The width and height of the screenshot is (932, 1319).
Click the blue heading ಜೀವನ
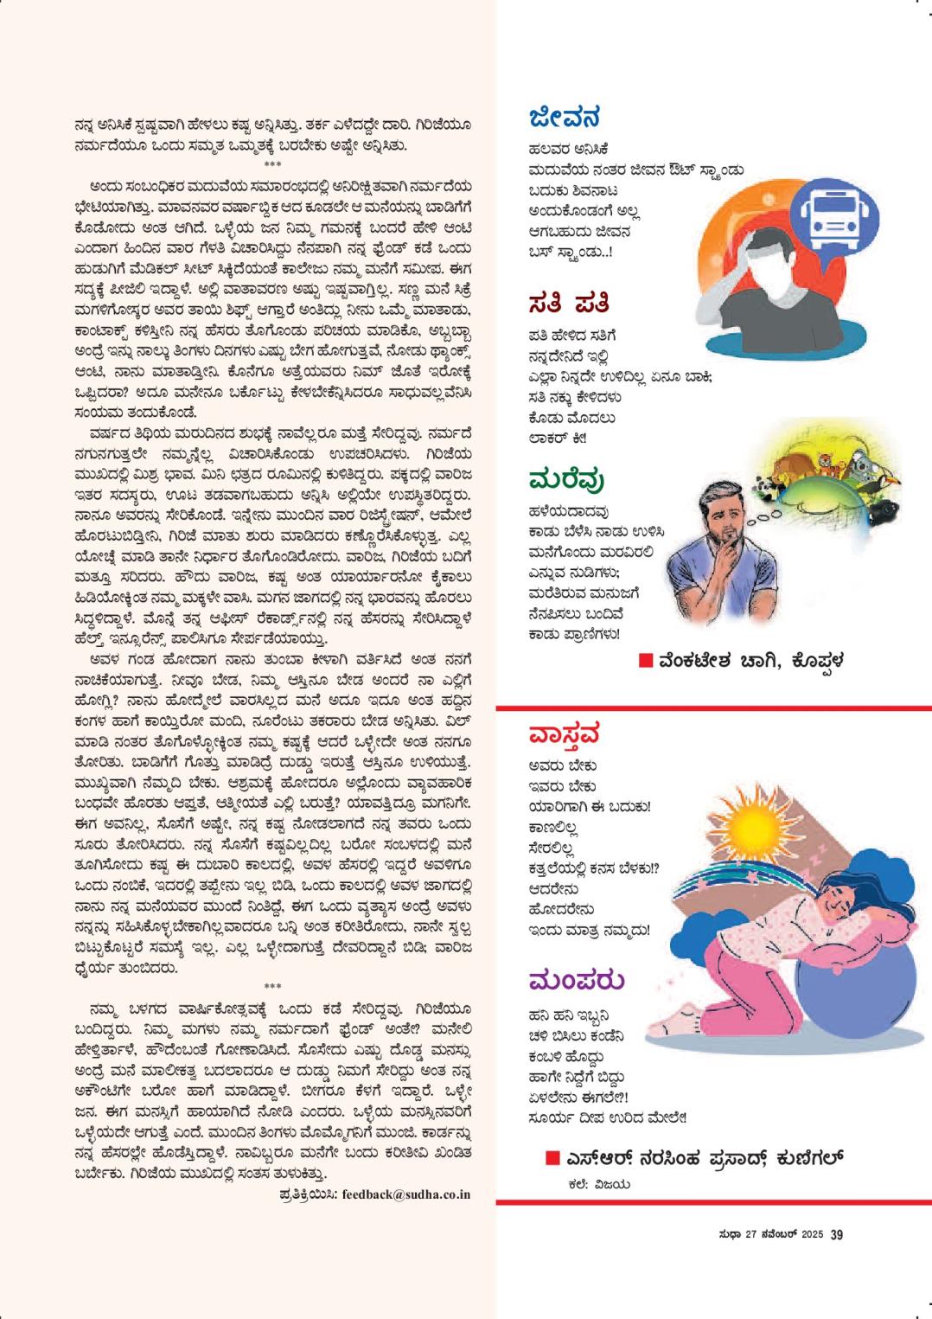click(x=564, y=118)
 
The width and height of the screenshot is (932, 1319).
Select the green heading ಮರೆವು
click(x=566, y=481)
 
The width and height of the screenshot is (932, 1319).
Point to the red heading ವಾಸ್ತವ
click(x=564, y=735)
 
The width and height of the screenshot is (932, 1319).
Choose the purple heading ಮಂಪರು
click(x=576, y=981)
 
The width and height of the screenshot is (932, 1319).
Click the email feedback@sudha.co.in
click(x=405, y=1194)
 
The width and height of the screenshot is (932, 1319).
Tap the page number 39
click(x=836, y=1234)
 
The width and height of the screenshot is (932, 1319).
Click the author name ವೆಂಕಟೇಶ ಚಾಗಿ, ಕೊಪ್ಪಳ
click(x=749, y=662)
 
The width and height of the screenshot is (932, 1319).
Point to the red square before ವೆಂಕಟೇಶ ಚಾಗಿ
click(x=645, y=662)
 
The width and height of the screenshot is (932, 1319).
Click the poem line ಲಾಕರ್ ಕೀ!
click(x=558, y=439)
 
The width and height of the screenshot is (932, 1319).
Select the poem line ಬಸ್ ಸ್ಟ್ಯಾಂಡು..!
click(x=571, y=253)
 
